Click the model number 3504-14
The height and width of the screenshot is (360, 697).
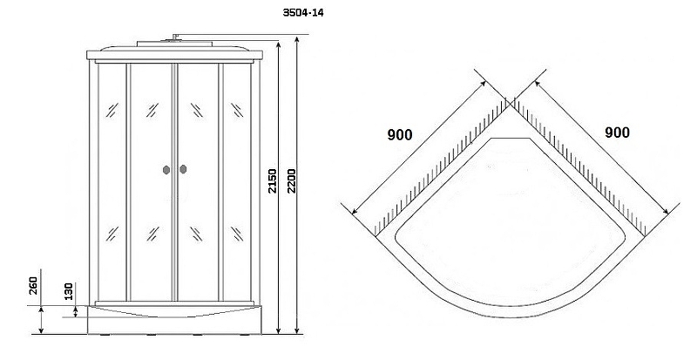[303, 13]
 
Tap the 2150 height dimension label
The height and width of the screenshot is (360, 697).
[273, 180]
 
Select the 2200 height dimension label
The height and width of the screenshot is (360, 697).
[291, 180]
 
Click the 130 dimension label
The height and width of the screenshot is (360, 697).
[69, 291]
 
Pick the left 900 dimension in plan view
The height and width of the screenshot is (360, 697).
[400, 134]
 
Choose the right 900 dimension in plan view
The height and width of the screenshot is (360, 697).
[617, 132]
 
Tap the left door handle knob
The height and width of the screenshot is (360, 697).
[166, 170]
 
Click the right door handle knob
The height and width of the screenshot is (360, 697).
[183, 169]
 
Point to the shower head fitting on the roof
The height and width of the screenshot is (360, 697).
[174, 37]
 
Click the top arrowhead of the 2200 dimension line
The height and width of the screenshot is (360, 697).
[297, 38]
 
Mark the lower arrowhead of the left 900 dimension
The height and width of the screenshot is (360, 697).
[355, 211]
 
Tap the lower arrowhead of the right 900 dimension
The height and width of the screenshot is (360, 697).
[666, 211]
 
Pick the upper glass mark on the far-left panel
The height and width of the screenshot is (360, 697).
[112, 110]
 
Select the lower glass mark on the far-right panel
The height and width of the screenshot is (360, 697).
[237, 234]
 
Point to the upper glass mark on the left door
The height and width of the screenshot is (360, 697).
[152, 110]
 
